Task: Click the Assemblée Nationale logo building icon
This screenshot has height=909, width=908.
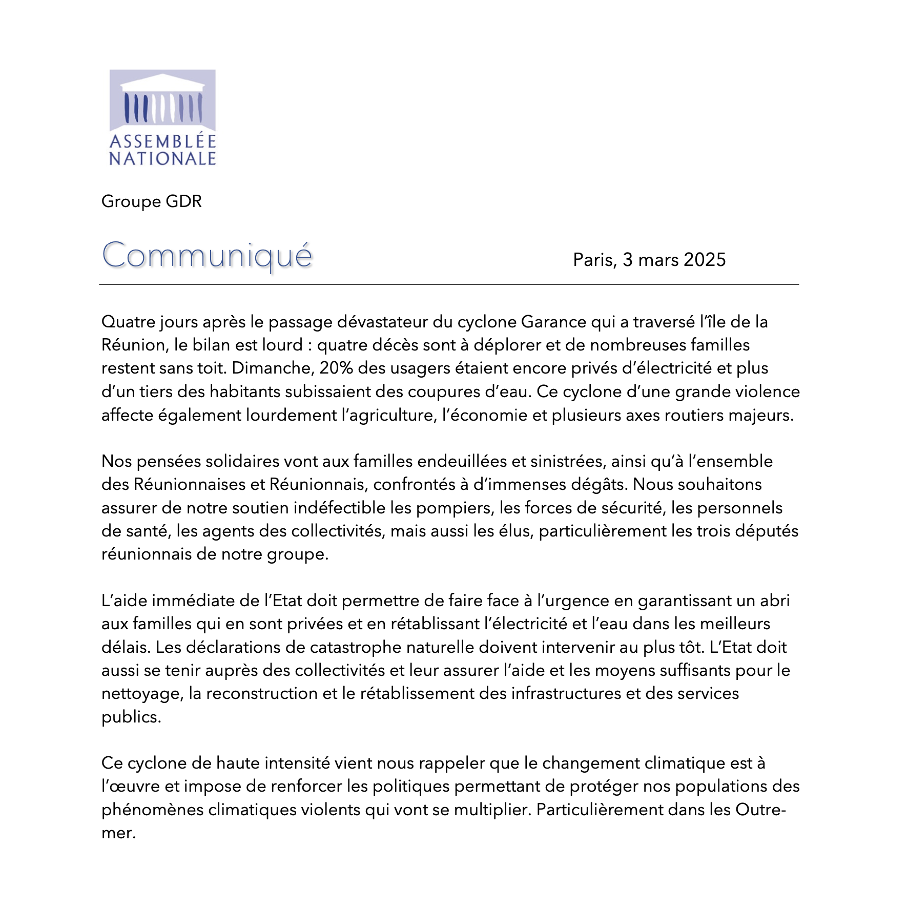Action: (x=162, y=100)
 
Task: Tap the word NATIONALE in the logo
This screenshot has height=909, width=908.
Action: (x=162, y=159)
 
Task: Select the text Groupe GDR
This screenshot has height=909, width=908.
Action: (x=152, y=201)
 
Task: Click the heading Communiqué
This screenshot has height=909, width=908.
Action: (x=207, y=255)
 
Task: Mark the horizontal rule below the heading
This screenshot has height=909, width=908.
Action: (x=449, y=284)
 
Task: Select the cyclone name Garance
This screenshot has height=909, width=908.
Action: (x=553, y=322)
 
